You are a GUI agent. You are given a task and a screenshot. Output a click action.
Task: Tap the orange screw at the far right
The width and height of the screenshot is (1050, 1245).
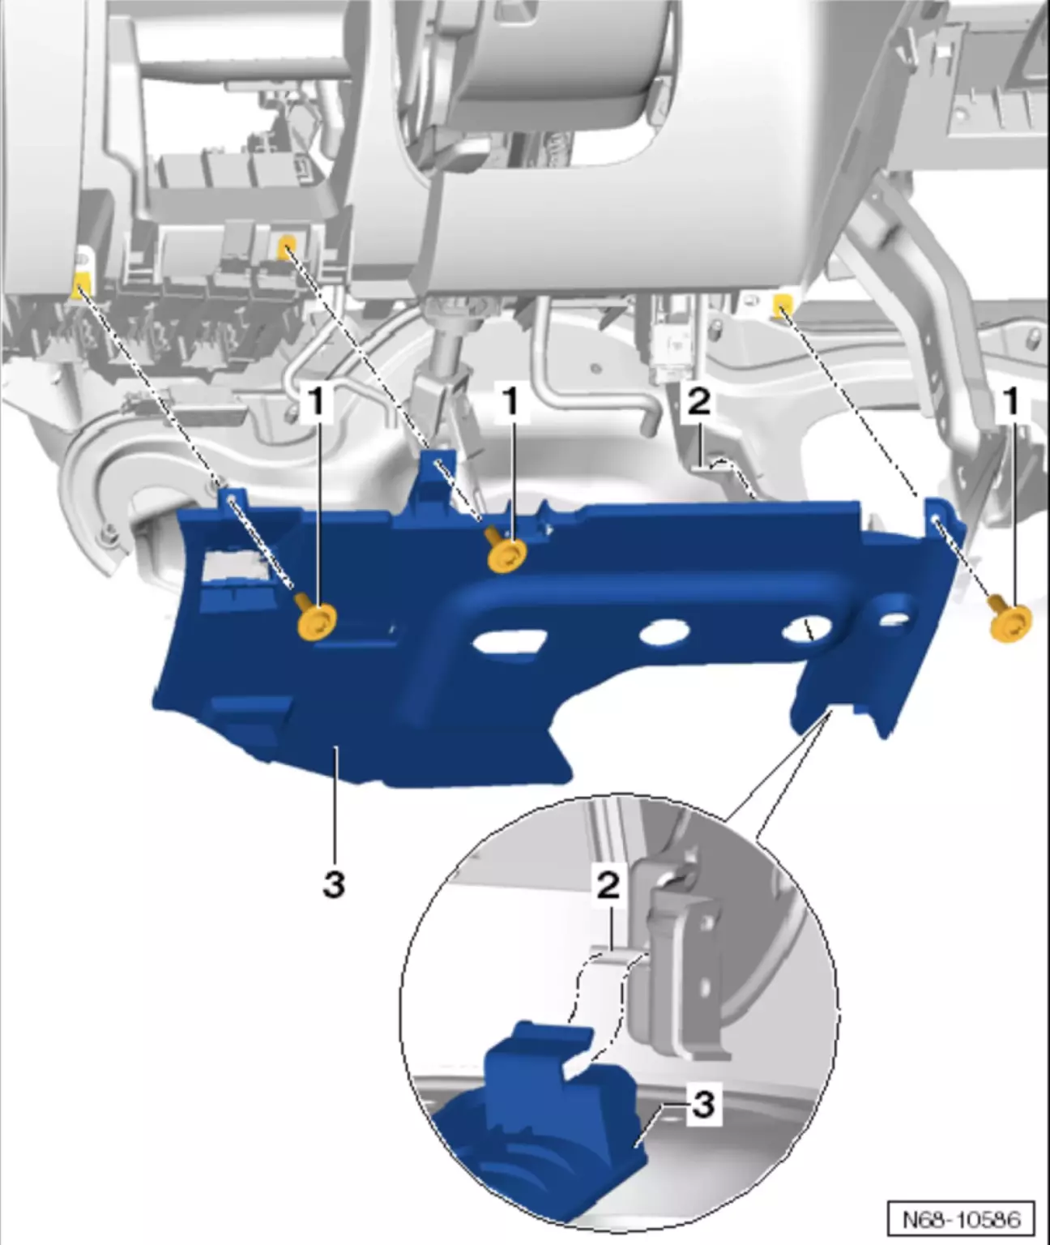(x=1009, y=622)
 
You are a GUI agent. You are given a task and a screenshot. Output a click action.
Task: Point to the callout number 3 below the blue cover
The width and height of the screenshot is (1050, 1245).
(x=334, y=884)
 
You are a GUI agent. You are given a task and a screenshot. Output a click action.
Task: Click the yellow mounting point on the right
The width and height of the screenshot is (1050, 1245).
(x=781, y=305)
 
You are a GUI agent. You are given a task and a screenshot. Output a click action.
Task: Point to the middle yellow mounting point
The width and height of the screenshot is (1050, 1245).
(x=288, y=247)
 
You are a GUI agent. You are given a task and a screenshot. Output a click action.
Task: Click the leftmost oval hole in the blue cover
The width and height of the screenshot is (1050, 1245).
(x=509, y=640)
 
